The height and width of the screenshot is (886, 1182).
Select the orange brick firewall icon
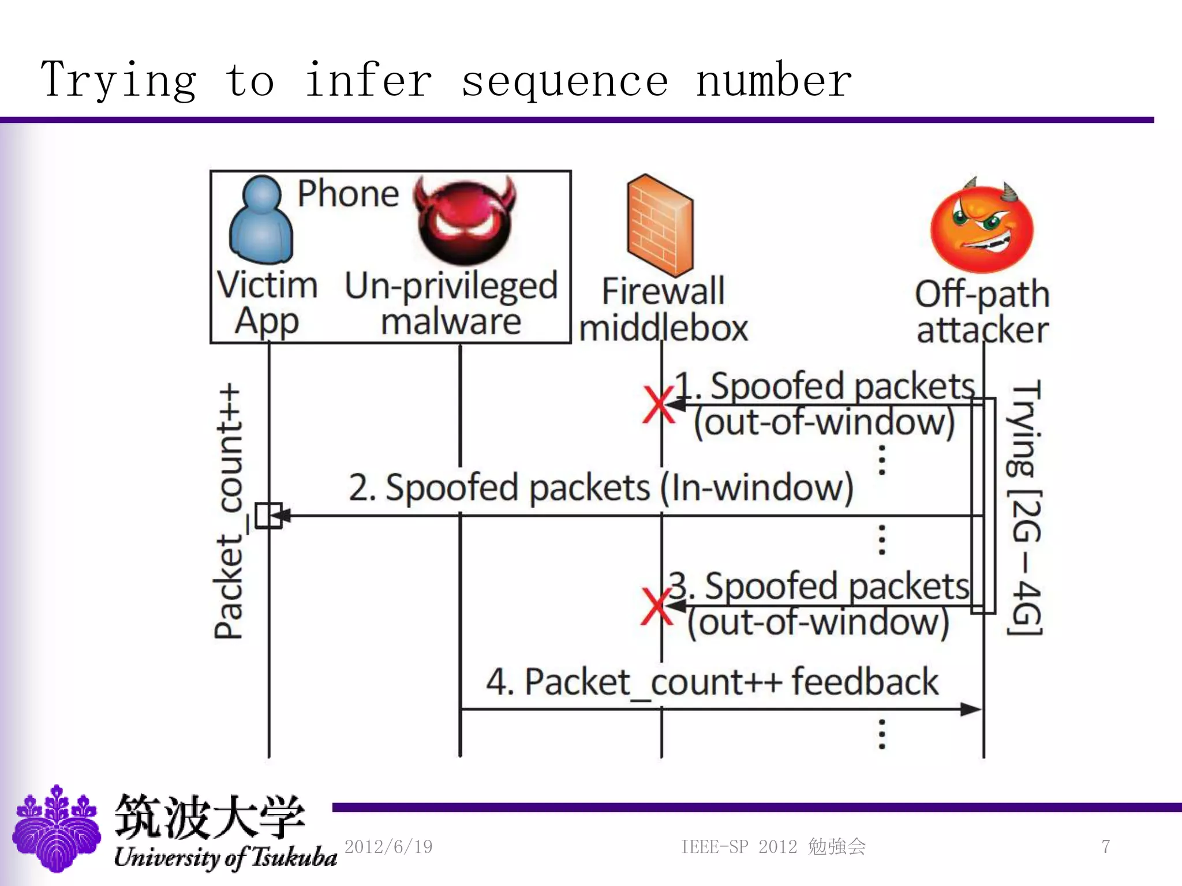click(660, 226)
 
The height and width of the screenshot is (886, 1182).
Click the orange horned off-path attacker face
click(982, 227)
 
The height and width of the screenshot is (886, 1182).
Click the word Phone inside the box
click(348, 194)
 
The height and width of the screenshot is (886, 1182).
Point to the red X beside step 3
click(656, 606)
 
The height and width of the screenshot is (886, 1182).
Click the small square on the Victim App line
click(268, 515)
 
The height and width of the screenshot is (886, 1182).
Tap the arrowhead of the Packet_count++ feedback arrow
click(971, 709)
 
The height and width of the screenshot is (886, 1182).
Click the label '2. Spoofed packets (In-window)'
click(600, 488)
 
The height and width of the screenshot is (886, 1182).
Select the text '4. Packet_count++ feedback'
click(712, 682)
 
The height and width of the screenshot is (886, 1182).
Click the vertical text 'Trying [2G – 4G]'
click(1026, 508)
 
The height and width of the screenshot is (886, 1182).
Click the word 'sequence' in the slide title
click(564, 81)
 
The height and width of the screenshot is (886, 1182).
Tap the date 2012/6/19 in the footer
click(388, 847)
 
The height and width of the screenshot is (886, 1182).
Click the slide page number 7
click(1105, 847)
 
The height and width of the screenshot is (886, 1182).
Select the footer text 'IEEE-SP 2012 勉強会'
click(773, 847)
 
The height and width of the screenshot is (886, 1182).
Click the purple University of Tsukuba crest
click(57, 828)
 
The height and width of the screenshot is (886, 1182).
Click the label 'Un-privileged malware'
click(451, 303)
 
